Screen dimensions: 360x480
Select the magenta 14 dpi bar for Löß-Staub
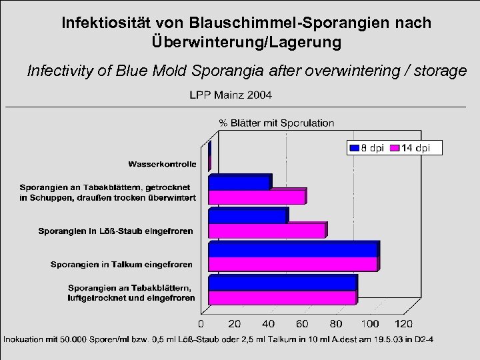tap(267, 231)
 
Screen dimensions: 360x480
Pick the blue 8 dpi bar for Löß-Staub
tap(248, 216)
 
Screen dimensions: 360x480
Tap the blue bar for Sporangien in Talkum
tap(293, 249)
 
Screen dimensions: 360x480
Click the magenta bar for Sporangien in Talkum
tap(293, 265)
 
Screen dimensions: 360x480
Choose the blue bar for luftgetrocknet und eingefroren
tap(283, 283)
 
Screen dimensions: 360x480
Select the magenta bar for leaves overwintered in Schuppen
tap(257, 197)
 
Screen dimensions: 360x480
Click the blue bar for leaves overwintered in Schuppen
tap(239, 182)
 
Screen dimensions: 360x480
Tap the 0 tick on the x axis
tap(200, 324)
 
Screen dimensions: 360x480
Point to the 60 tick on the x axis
tap(302, 324)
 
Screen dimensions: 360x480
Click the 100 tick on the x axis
tap(370, 324)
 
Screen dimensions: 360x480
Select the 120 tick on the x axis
tap(404, 324)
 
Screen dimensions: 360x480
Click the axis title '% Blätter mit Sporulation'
tap(276, 123)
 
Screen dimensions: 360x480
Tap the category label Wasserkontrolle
tap(162, 163)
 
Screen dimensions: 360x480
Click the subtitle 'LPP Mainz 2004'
tap(231, 95)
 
